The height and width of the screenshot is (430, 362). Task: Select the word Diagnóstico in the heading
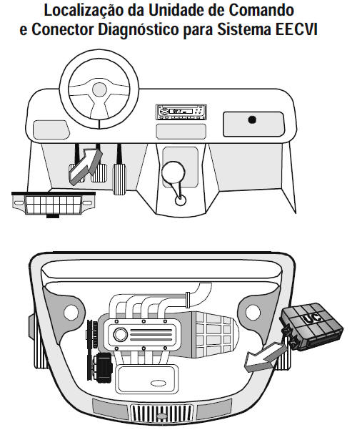[139, 30]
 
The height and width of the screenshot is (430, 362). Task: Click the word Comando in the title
[261, 10]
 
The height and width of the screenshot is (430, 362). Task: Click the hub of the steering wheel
[99, 90]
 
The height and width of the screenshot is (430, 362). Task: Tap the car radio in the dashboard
[181, 112]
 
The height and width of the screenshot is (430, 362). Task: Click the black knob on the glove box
[252, 119]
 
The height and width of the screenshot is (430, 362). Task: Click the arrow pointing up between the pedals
[86, 167]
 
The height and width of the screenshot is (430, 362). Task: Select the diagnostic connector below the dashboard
[54, 205]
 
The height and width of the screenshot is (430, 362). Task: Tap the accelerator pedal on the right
[119, 179]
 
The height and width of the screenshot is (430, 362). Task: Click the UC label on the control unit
[312, 318]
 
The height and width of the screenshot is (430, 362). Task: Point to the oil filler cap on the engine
[121, 334]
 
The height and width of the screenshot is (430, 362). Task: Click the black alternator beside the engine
[104, 368]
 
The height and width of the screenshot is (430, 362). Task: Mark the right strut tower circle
[253, 312]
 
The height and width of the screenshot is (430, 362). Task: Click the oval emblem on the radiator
[159, 383]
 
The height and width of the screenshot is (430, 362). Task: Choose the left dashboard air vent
[51, 130]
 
